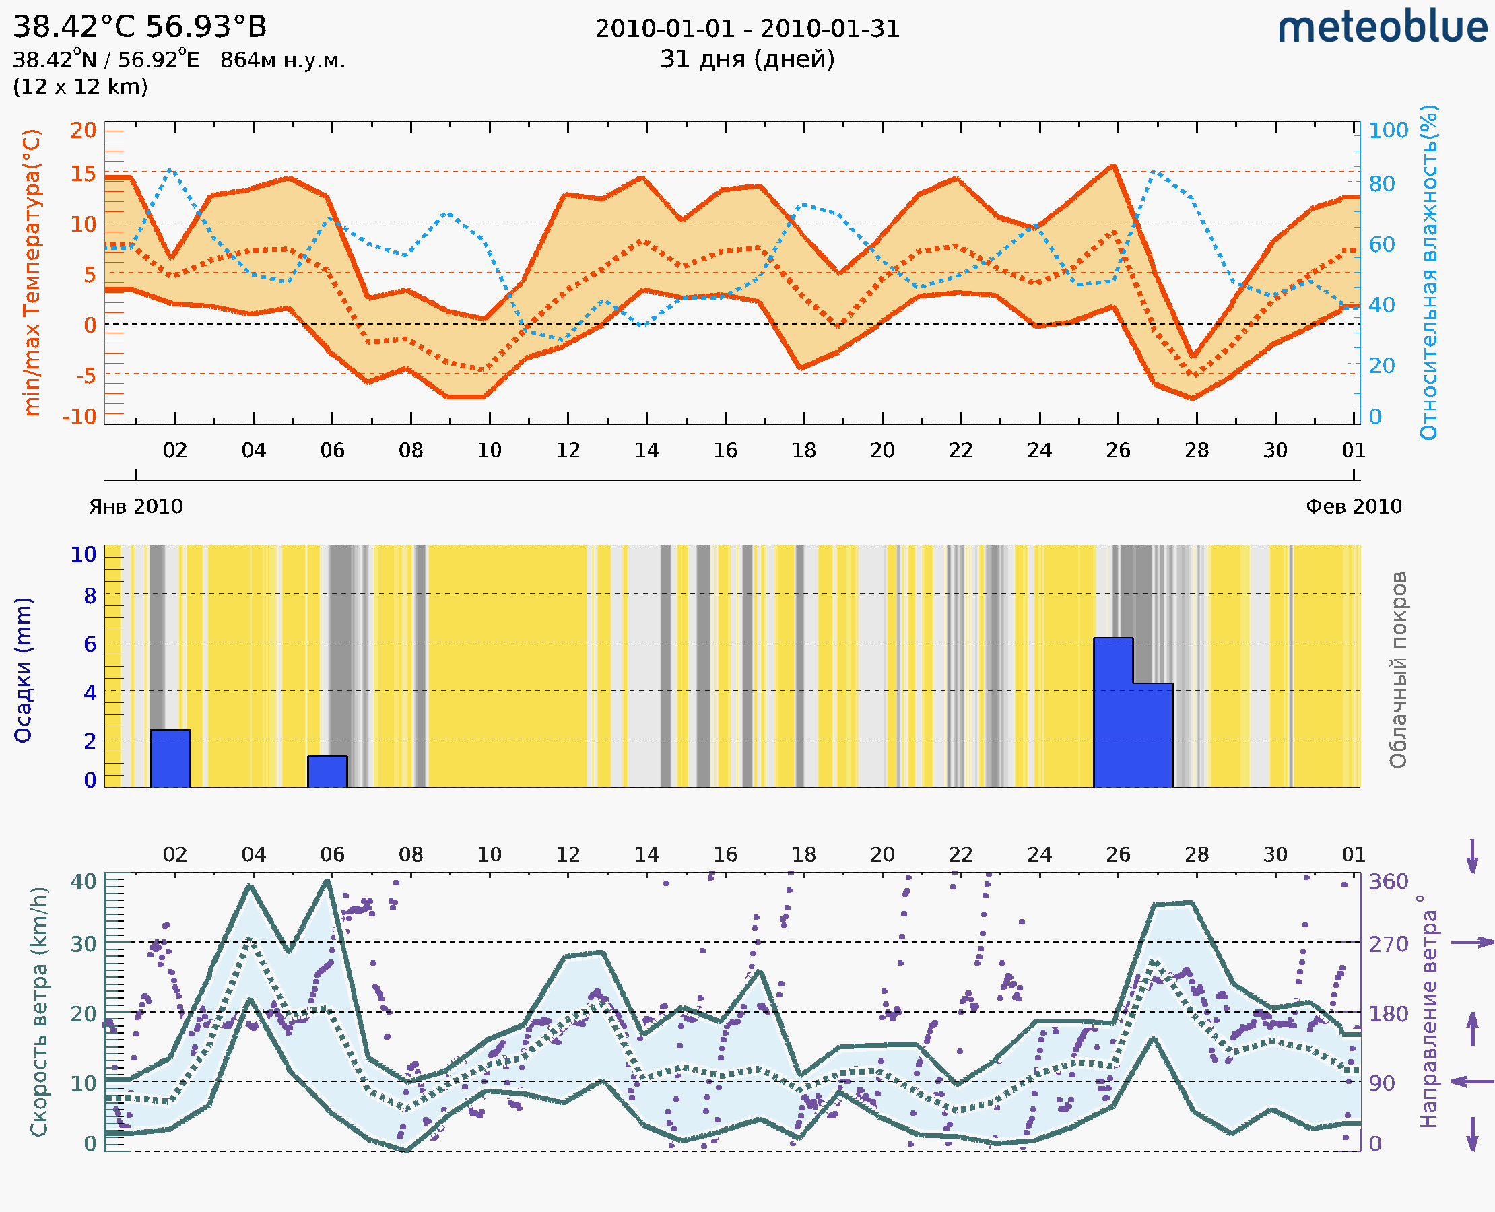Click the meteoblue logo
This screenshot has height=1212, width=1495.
1382,28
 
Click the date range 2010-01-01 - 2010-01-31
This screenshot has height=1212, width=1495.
747,29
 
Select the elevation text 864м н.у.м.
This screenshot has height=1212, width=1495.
282,60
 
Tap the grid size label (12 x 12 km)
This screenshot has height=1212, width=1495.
80,87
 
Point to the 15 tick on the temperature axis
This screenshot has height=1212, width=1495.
83,173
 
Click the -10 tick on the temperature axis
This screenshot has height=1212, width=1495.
79,417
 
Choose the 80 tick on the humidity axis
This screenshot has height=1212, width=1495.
1381,184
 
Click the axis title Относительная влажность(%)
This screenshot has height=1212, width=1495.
1428,272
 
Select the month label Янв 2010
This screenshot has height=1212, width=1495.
135,506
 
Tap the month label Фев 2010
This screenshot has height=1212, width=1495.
1354,506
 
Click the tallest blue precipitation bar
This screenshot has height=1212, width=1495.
1113,712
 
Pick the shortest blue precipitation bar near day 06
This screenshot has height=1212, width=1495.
327,772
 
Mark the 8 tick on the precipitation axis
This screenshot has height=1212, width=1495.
90,595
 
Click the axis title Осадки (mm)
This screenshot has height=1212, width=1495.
23,670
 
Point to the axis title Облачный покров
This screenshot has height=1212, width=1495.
1397,670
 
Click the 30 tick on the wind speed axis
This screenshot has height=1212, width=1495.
83,944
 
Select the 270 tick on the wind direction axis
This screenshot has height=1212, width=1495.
1388,944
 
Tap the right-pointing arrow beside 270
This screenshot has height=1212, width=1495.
1472,943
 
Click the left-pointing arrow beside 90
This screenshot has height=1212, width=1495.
1472,1081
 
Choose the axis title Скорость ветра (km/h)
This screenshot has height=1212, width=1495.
39,1011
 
